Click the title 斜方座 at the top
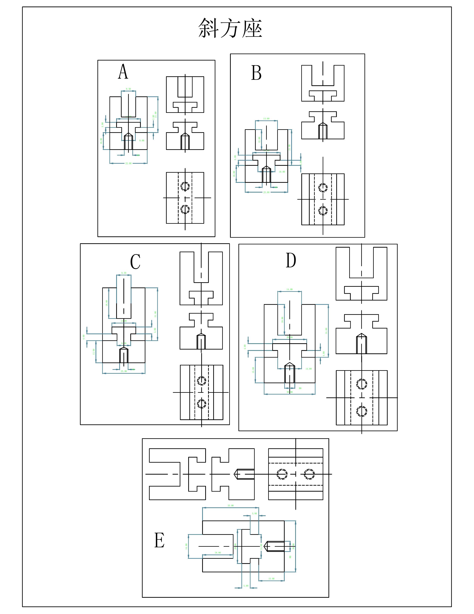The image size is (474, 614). (x=230, y=28)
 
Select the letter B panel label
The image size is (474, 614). (x=256, y=73)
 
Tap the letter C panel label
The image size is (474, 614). (x=135, y=262)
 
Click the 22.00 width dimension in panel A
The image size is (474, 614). (x=128, y=163)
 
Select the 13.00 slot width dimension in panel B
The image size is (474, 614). (x=266, y=119)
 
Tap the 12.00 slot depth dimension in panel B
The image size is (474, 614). (x=259, y=139)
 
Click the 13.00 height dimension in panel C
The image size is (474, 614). (x=94, y=352)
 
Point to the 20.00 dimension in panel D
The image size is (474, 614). (x=289, y=337)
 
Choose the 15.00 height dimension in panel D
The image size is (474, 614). (x=253, y=370)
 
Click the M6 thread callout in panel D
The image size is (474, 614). (x=300, y=388)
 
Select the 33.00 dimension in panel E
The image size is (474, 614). (x=230, y=505)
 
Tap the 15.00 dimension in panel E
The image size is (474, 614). (x=271, y=579)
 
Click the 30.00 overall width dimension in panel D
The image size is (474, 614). (x=289, y=392)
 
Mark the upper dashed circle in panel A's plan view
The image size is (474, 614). (x=185, y=186)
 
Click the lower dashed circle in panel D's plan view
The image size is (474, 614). (x=362, y=412)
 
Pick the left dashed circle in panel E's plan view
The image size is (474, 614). (x=282, y=474)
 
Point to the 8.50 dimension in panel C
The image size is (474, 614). (x=124, y=273)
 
